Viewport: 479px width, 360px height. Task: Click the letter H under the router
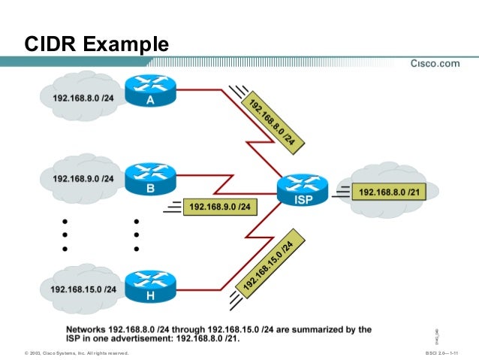(x=150, y=297)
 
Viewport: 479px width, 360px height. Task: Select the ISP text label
(x=303, y=201)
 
